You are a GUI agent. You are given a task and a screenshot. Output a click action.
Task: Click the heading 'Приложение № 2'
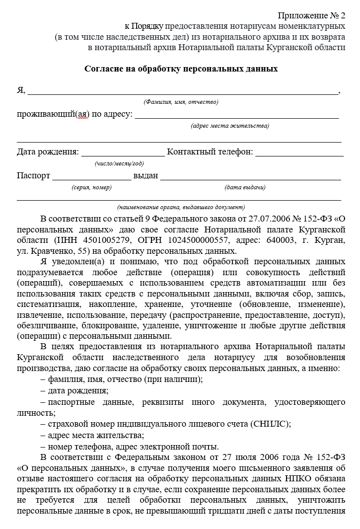(311, 16)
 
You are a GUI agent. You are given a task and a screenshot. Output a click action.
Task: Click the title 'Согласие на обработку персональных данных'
(181, 69)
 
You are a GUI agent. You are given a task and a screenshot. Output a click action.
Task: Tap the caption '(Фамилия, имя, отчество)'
(181, 102)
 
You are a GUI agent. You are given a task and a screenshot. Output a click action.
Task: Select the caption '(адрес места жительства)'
(230, 126)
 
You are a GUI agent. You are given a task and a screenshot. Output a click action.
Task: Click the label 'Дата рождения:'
(48, 151)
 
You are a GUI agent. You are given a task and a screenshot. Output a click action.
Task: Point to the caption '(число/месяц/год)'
(119, 163)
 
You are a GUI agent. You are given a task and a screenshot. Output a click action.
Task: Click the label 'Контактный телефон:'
(210, 151)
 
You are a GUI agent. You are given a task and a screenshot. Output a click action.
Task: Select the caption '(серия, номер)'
(92, 187)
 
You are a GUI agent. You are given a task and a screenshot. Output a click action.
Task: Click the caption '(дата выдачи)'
(245, 187)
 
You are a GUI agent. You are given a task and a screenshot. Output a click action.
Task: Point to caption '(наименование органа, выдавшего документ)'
(181, 207)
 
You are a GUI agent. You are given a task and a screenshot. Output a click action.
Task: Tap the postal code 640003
(294, 240)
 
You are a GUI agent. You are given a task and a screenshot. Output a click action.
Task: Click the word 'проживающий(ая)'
(53, 114)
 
